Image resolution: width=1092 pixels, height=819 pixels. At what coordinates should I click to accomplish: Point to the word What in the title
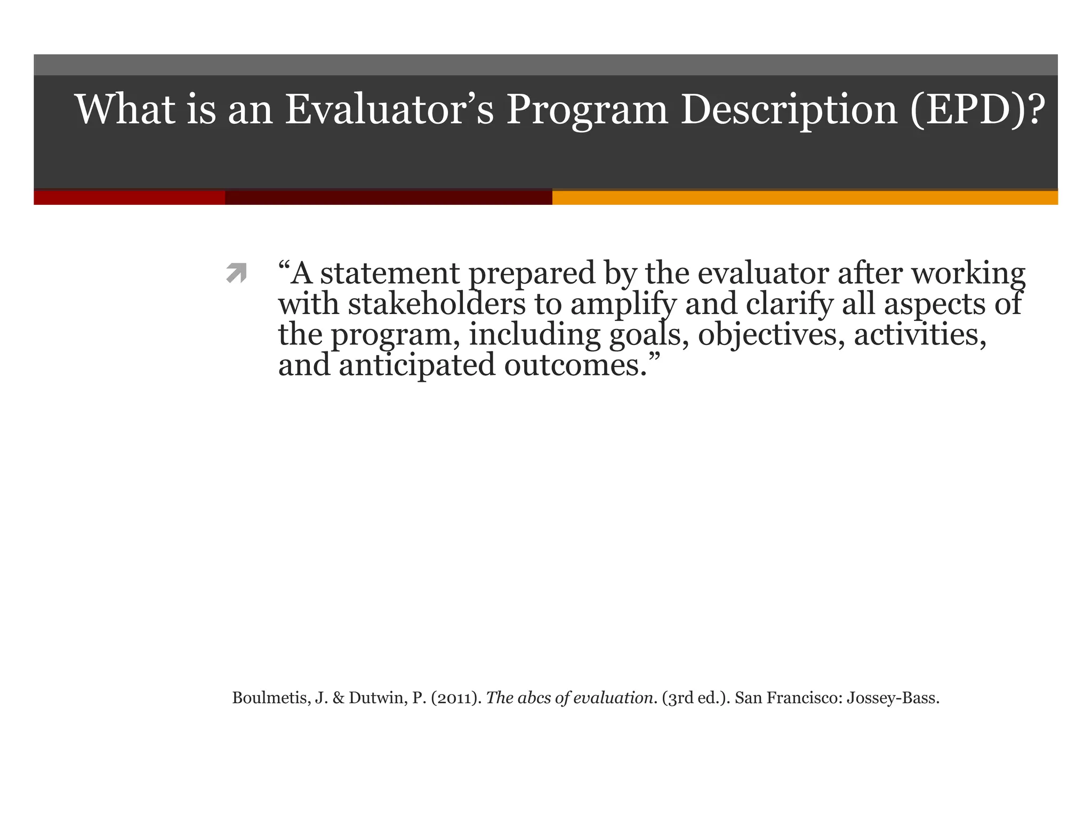pos(125,109)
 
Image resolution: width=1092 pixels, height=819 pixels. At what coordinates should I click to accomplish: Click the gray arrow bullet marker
pos(236,273)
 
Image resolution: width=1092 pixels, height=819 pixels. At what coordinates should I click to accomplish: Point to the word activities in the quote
pos(920,335)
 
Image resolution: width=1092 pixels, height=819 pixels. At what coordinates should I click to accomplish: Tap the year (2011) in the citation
pos(456,698)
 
